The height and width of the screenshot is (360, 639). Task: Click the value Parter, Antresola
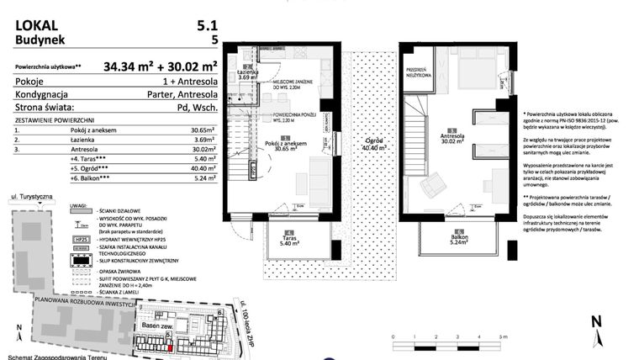coord(180,94)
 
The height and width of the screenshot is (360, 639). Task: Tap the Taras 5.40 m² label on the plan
coord(289,237)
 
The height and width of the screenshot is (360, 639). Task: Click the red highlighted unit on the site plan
coord(170,347)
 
